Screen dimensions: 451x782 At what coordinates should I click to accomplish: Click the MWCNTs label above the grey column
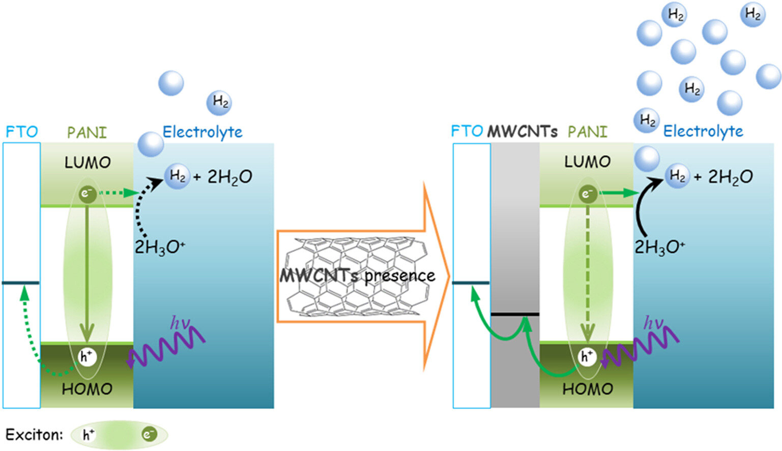click(x=522, y=132)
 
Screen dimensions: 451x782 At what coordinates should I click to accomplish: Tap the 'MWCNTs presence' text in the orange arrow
click(x=357, y=275)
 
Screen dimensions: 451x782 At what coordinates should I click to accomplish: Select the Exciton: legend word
click(x=34, y=435)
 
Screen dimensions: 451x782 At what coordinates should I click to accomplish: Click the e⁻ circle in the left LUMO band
click(x=87, y=193)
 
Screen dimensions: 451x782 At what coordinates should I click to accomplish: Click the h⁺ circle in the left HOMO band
click(x=87, y=356)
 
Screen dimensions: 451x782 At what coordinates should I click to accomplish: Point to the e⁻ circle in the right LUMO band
click(x=588, y=193)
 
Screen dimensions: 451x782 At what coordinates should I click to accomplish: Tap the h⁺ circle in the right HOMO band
click(x=588, y=356)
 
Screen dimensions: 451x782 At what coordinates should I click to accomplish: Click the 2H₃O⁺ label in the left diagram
click(x=159, y=247)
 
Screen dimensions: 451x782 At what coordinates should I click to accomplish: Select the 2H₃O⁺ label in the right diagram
click(x=659, y=247)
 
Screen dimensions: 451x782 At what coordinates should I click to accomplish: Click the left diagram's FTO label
click(x=21, y=132)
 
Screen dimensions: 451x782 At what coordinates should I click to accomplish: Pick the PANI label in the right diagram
click(x=587, y=132)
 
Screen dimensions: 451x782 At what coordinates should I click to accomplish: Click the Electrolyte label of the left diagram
click(x=202, y=132)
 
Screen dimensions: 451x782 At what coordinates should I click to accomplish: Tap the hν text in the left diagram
click(x=180, y=322)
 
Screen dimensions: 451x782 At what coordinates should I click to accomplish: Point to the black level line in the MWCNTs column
click(x=515, y=314)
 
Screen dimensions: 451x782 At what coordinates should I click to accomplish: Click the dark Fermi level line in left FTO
click(x=21, y=283)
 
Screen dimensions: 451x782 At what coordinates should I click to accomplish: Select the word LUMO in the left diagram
click(x=87, y=162)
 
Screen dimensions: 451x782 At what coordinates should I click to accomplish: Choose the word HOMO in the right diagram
click(x=587, y=389)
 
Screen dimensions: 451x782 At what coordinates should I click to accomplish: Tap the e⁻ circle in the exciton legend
click(x=149, y=435)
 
